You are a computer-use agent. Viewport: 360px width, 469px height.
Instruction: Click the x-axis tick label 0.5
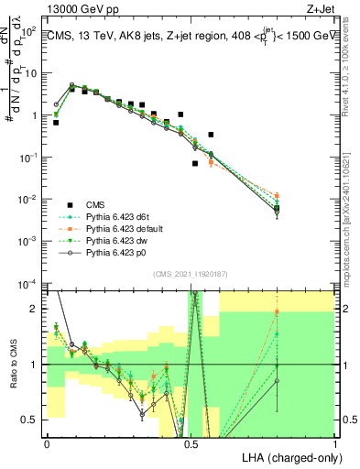click(191, 442)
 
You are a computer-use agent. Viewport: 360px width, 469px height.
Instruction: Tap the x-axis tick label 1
click(334, 442)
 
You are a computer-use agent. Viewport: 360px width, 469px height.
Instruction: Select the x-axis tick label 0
click(47, 442)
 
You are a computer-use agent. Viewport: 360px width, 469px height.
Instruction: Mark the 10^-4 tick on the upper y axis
click(30, 283)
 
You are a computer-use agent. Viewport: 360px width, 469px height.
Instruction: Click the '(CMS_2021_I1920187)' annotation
click(191, 274)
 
